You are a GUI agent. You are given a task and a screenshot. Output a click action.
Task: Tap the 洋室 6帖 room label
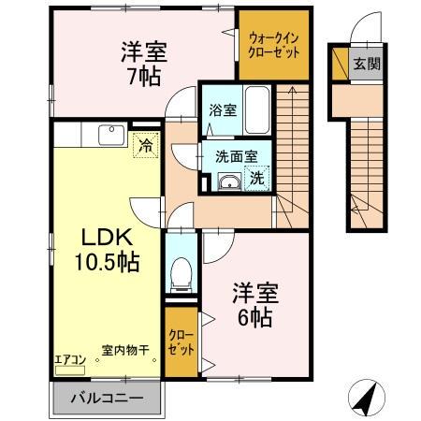(253, 304)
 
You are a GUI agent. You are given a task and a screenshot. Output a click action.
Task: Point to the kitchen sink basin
(110, 134)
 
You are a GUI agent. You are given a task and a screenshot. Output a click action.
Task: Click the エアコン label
(70, 358)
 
